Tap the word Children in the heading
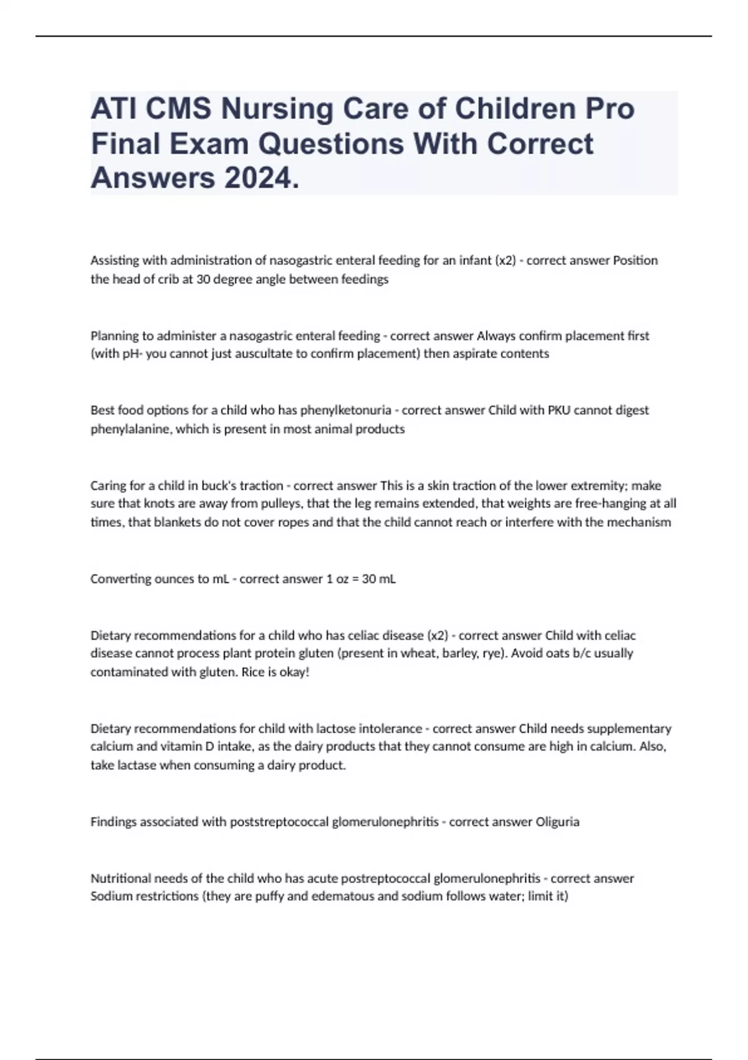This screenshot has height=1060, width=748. (514, 109)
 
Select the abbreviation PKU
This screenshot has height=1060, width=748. (559, 410)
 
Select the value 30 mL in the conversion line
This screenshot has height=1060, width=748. (378, 579)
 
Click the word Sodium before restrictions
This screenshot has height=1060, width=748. (110, 897)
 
